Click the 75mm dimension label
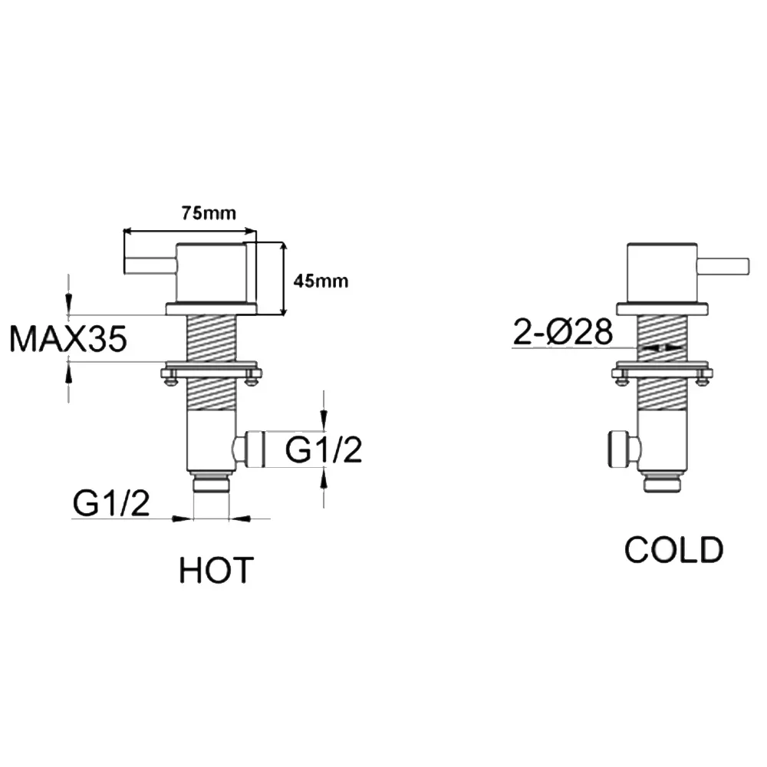point(209,213)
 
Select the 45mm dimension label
point(321,281)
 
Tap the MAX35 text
point(68,338)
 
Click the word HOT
point(216,571)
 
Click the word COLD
point(673,549)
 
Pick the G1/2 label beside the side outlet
point(324,449)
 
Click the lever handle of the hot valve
point(150,265)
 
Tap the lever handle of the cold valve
point(723,265)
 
